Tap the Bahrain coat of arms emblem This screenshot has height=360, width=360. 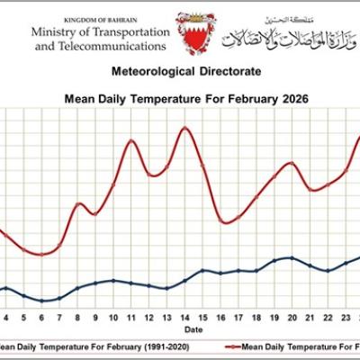(x=196, y=33)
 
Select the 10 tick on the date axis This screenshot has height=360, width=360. (x=113, y=318)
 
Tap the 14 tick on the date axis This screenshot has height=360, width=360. (x=184, y=318)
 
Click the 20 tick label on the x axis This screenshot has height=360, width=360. (x=292, y=318)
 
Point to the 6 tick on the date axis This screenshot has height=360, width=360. (x=42, y=318)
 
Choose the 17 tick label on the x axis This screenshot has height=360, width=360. (x=238, y=318)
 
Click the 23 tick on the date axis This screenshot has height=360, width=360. (x=346, y=318)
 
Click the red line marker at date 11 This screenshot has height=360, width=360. (x=131, y=140)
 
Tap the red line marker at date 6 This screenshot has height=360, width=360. (x=42, y=255)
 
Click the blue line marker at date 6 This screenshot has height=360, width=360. (x=42, y=301)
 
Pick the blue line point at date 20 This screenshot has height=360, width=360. (x=292, y=258)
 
